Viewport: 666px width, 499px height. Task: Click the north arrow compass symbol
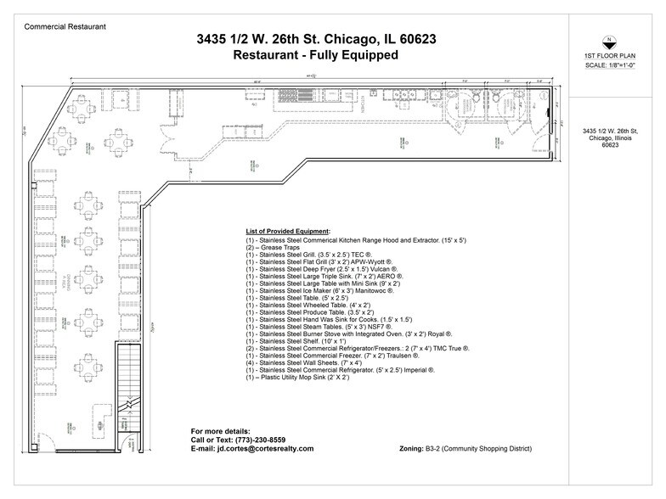pos(608,39)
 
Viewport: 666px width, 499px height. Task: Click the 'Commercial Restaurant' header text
pos(65,26)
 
